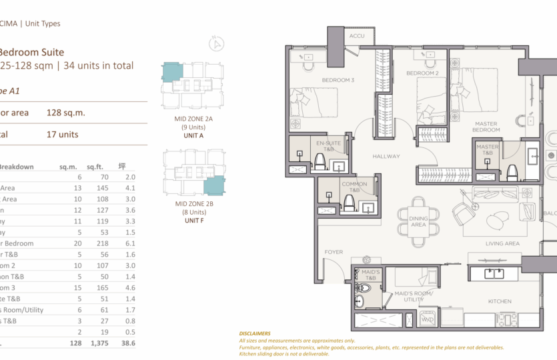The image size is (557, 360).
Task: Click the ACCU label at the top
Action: point(356,36)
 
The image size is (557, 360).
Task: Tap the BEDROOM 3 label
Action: point(338,81)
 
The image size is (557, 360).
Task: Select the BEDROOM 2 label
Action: point(422,73)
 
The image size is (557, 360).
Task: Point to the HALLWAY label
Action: point(386,156)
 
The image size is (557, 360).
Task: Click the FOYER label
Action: point(333,252)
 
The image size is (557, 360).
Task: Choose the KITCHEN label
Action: point(500,301)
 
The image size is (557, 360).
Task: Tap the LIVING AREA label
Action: point(502,244)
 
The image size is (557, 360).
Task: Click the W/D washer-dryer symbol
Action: point(428,319)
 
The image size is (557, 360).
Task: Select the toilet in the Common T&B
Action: point(348,203)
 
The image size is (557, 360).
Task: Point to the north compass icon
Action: point(216,45)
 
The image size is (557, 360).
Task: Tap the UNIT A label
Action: point(193,135)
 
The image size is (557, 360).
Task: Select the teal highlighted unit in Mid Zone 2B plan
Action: point(215,186)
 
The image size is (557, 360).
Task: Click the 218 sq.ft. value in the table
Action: point(101,243)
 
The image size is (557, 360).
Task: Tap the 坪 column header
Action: point(122,167)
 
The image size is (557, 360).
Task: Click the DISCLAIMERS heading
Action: point(255,333)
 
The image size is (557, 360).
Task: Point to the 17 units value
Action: point(63,134)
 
